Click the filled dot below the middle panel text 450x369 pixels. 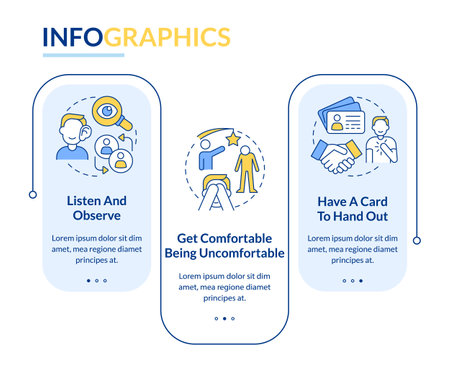(225, 319)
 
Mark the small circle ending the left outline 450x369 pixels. (32, 193)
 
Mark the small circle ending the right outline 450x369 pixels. (417, 240)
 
